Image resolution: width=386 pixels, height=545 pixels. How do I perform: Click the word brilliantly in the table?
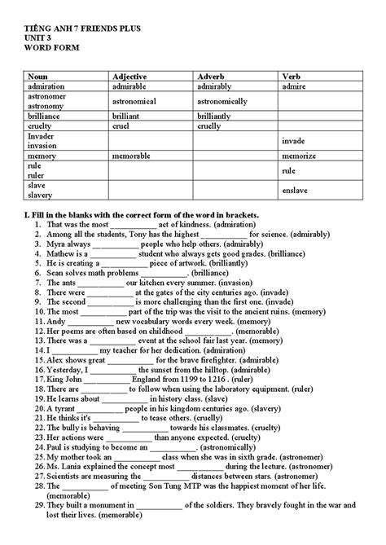tap(219, 116)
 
